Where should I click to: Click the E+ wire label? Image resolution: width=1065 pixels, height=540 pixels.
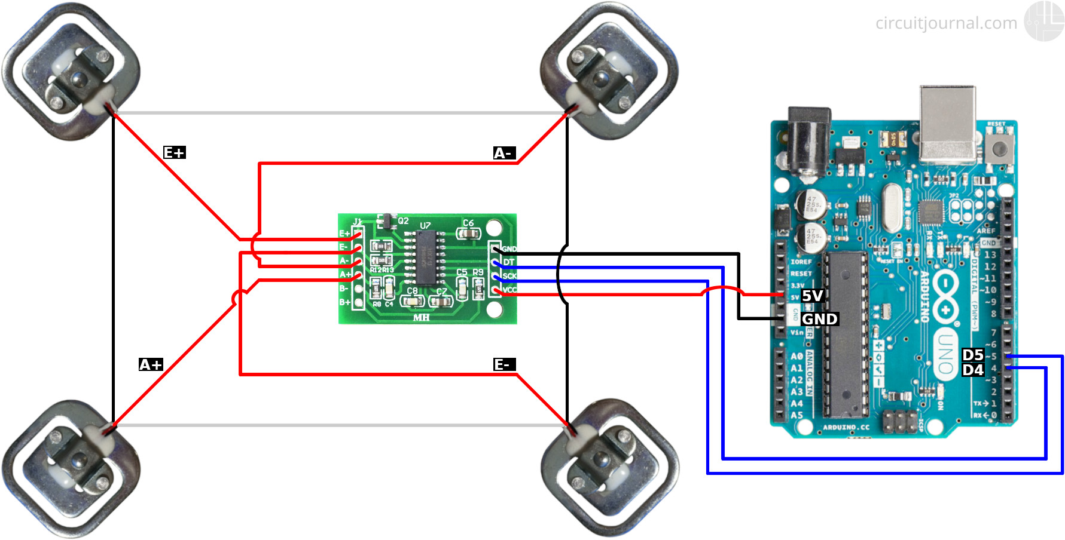(175, 153)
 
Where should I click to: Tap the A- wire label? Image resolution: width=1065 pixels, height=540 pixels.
(503, 154)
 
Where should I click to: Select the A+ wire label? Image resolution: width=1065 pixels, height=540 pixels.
(151, 365)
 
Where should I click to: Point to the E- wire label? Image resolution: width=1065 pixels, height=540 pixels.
(503, 365)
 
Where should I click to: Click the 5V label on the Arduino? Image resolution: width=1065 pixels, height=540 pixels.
(813, 296)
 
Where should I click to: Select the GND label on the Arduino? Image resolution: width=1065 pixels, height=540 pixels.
(819, 320)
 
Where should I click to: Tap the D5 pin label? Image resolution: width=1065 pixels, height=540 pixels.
(973, 355)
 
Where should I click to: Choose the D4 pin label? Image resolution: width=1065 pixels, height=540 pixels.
(973, 370)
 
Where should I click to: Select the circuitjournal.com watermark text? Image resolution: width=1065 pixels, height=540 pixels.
(946, 23)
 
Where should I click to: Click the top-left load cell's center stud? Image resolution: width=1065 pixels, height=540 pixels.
(78, 78)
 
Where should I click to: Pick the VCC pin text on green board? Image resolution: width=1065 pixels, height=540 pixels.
(509, 290)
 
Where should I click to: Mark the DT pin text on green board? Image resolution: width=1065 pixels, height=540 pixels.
(509, 262)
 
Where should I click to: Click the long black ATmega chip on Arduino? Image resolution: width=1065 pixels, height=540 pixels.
(847, 335)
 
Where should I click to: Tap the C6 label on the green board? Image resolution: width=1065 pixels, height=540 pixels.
(468, 223)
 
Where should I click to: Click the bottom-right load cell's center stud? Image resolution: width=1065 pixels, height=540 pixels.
(602, 461)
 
